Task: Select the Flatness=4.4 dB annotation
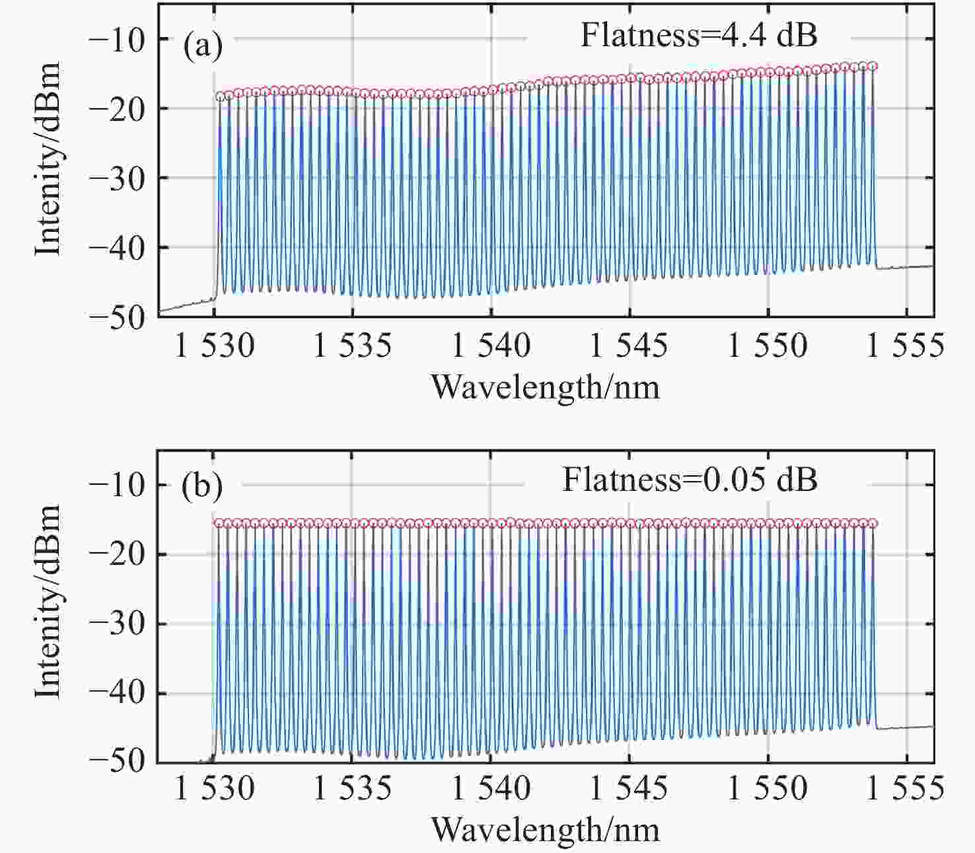coord(698,35)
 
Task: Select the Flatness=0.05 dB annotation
coord(690,479)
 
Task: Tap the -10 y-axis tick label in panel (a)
coord(121,39)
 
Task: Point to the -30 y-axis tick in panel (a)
coord(121,178)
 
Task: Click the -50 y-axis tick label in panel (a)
coord(121,317)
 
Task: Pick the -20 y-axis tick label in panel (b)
coord(121,554)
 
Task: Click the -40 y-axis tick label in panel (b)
coord(121,693)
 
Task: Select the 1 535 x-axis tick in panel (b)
coord(352,790)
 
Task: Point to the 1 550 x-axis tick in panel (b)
coord(768,790)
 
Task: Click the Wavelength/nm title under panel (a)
coord(546,387)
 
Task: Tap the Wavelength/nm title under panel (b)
coord(546,829)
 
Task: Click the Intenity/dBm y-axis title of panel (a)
coord(48,159)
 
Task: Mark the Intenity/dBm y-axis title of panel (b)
coord(48,601)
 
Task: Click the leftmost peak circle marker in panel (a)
coord(220,96)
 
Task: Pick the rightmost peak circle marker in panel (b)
coord(873,523)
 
